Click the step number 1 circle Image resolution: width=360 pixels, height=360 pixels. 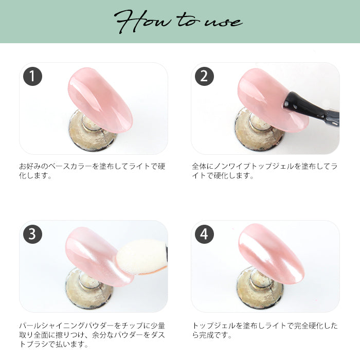tap(32, 77)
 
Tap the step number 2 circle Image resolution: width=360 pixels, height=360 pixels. tap(204, 77)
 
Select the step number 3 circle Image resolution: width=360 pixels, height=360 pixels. tap(32, 234)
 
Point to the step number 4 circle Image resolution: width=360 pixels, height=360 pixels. tap(204, 234)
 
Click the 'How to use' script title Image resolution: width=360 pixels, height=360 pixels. tap(178, 22)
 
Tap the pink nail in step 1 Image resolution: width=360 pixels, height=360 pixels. tap(100, 100)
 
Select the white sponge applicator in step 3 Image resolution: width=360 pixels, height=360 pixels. tap(141, 257)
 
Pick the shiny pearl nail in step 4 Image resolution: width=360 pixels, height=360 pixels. tap(271, 254)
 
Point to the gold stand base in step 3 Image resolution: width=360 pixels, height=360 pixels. tap(88, 289)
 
